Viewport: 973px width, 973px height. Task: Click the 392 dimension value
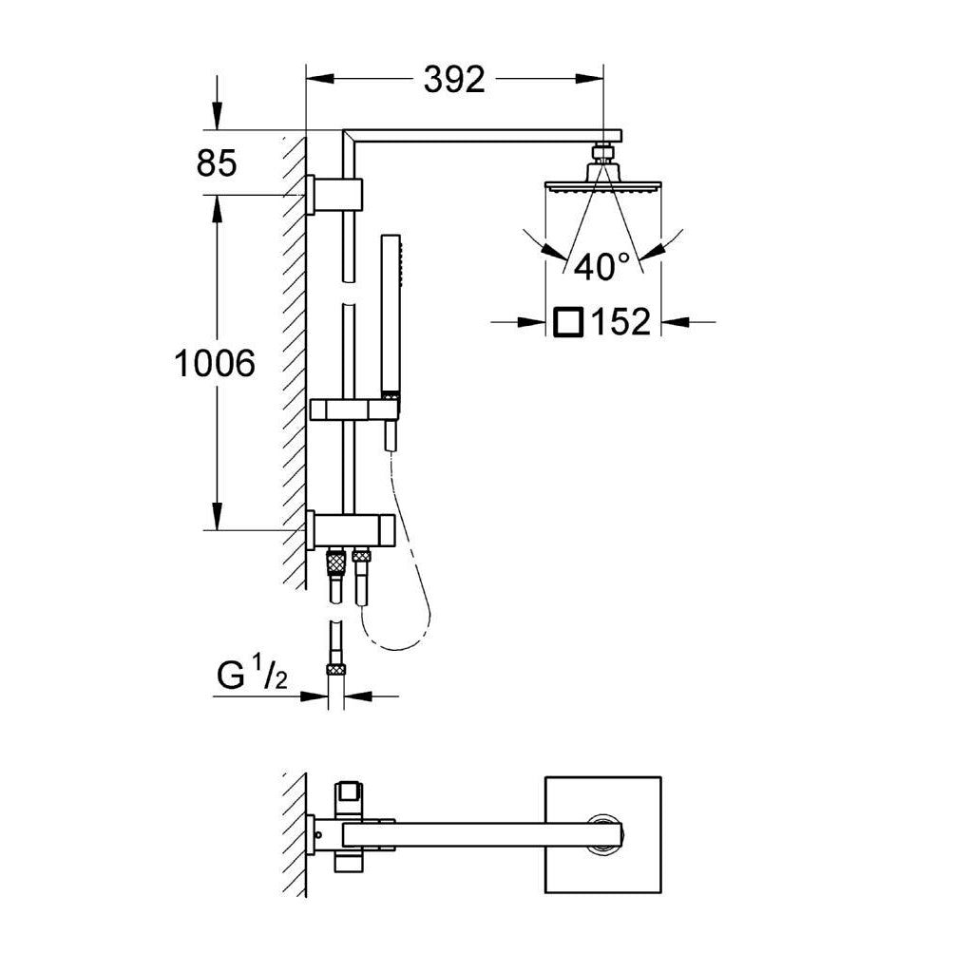pos(454,81)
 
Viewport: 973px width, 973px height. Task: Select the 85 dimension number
pos(216,163)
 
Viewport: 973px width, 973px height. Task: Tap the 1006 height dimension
pos(215,363)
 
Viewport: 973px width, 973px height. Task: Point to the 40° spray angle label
pos(601,267)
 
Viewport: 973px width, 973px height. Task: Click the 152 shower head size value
pos(621,323)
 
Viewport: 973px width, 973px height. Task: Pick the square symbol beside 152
pos(566,322)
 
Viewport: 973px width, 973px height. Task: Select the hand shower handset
pos(390,314)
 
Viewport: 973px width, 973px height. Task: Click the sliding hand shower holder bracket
pos(352,410)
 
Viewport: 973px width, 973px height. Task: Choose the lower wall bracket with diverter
pos(352,528)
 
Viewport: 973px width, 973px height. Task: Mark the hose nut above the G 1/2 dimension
pos(335,669)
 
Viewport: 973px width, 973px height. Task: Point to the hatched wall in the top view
pos(295,833)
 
